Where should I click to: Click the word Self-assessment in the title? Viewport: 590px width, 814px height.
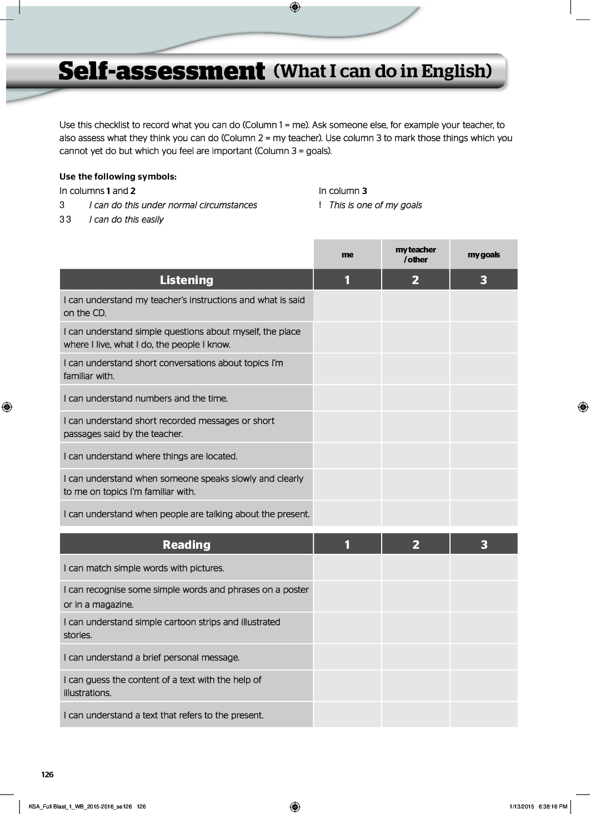(x=161, y=72)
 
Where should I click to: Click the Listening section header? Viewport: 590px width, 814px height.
(x=186, y=280)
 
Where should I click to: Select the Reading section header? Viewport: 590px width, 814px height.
(x=186, y=545)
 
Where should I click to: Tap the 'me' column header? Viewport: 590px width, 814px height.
(x=347, y=255)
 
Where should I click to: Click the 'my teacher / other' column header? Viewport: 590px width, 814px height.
(x=416, y=255)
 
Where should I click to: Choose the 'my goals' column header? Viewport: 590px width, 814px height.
(x=483, y=255)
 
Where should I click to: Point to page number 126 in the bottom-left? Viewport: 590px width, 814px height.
(x=48, y=775)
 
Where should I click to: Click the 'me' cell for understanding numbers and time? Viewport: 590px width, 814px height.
(x=347, y=398)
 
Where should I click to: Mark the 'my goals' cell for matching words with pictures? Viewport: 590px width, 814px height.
(x=483, y=568)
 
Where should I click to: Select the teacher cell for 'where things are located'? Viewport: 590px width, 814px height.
(x=416, y=456)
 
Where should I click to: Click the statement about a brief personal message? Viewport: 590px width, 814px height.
(x=152, y=657)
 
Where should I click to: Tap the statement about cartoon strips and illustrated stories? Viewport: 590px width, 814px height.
(x=172, y=628)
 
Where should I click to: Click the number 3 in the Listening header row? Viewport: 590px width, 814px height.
(x=483, y=280)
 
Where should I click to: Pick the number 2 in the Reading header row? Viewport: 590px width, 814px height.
(x=416, y=545)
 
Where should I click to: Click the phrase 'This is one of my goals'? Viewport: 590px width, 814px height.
(x=375, y=205)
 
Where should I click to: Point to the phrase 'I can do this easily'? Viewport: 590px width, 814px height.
(x=126, y=220)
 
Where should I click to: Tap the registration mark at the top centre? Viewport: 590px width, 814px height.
(x=295, y=7)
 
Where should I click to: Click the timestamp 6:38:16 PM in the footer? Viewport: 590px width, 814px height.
(x=553, y=806)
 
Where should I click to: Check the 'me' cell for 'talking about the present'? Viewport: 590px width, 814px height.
(x=347, y=514)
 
